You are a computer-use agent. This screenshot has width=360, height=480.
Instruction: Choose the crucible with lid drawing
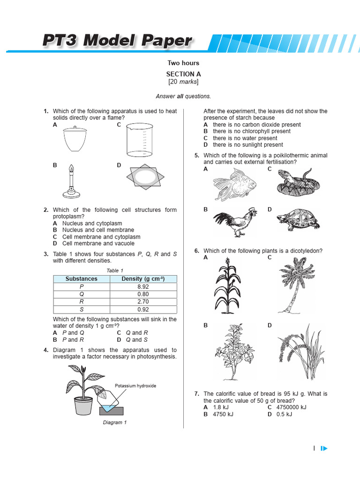(75, 139)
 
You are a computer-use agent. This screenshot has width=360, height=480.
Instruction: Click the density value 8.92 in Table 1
(143, 286)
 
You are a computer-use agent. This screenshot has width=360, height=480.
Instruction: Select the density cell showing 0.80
(143, 294)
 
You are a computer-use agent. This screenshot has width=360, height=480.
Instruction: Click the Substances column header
(81, 279)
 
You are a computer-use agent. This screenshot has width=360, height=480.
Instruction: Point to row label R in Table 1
(81, 302)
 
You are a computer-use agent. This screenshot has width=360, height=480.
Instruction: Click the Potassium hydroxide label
(135, 386)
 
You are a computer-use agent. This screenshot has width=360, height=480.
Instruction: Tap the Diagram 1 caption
(115, 422)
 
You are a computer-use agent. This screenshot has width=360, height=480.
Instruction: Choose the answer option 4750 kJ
(223, 414)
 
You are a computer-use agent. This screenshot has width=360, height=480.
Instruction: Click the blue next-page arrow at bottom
(324, 449)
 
